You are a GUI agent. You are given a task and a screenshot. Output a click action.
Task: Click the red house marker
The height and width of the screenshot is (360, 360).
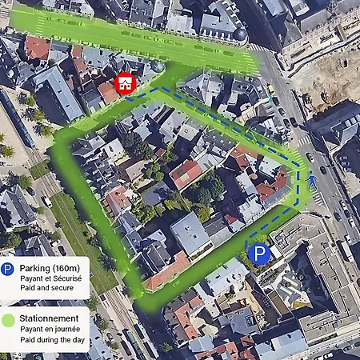(x=125, y=84)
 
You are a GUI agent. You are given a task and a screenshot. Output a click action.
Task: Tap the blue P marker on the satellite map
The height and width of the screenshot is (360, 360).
(x=258, y=254)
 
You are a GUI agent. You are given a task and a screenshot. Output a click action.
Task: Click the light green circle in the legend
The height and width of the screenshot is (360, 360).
(x=8, y=319)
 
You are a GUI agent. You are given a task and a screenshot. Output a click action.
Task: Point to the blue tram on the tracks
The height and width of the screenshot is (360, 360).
(x=19, y=120)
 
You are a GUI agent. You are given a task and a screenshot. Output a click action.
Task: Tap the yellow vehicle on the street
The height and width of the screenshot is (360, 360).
(x=271, y=89)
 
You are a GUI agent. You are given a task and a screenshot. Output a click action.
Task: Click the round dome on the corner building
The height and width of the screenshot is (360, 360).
(x=239, y=34)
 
